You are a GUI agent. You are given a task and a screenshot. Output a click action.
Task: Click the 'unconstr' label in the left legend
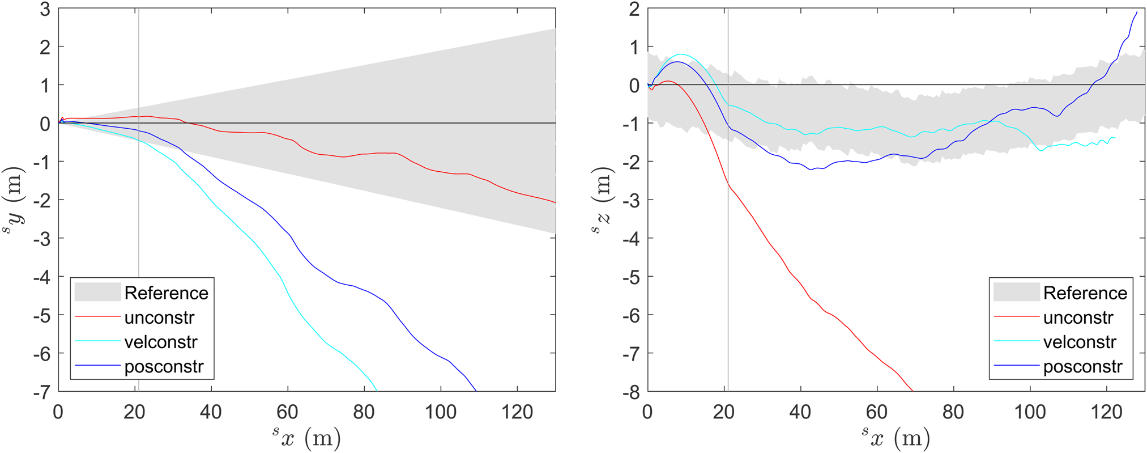point(159,317)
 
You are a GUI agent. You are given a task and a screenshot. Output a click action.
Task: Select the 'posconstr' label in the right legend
point(1082,367)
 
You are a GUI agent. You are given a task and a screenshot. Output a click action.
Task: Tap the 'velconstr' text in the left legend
point(161,342)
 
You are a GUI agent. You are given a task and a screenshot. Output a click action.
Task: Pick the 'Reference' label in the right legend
point(1085,293)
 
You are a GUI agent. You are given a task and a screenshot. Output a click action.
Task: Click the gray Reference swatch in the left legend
point(97,293)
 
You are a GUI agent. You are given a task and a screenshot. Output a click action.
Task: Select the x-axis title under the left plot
point(306,437)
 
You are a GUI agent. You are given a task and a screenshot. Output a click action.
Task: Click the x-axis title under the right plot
point(896,437)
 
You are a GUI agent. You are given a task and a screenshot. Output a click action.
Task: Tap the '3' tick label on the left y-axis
point(45,9)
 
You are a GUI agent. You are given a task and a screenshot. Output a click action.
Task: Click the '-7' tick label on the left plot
point(41,392)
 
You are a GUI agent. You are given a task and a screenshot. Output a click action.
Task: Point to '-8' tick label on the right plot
point(631,392)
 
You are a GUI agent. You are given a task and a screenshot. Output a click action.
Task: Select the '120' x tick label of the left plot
point(517,412)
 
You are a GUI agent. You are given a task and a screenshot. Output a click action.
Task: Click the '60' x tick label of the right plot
point(877,412)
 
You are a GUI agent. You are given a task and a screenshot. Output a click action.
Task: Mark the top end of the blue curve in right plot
point(1136,12)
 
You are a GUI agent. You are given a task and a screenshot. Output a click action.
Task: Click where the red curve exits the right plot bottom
point(912,391)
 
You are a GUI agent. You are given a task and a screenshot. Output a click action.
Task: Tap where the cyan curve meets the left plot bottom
point(376,390)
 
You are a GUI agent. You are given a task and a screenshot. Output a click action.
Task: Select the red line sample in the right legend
point(1016,317)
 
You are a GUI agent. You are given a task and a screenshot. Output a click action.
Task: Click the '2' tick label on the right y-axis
point(634,9)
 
